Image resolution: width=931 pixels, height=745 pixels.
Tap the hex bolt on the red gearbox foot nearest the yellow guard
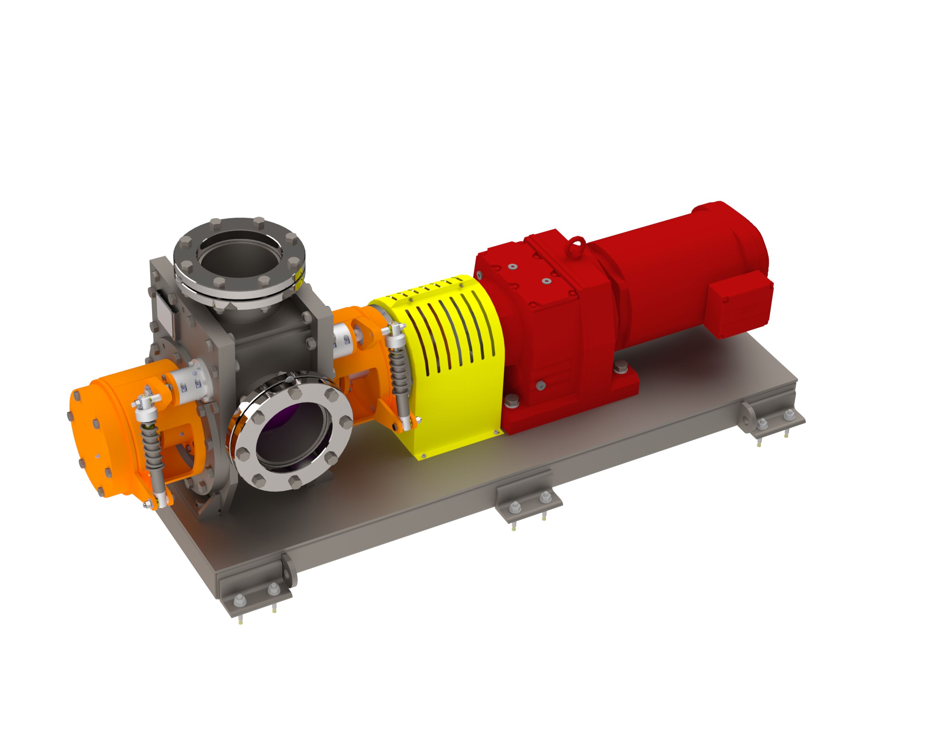pos(511,401)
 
